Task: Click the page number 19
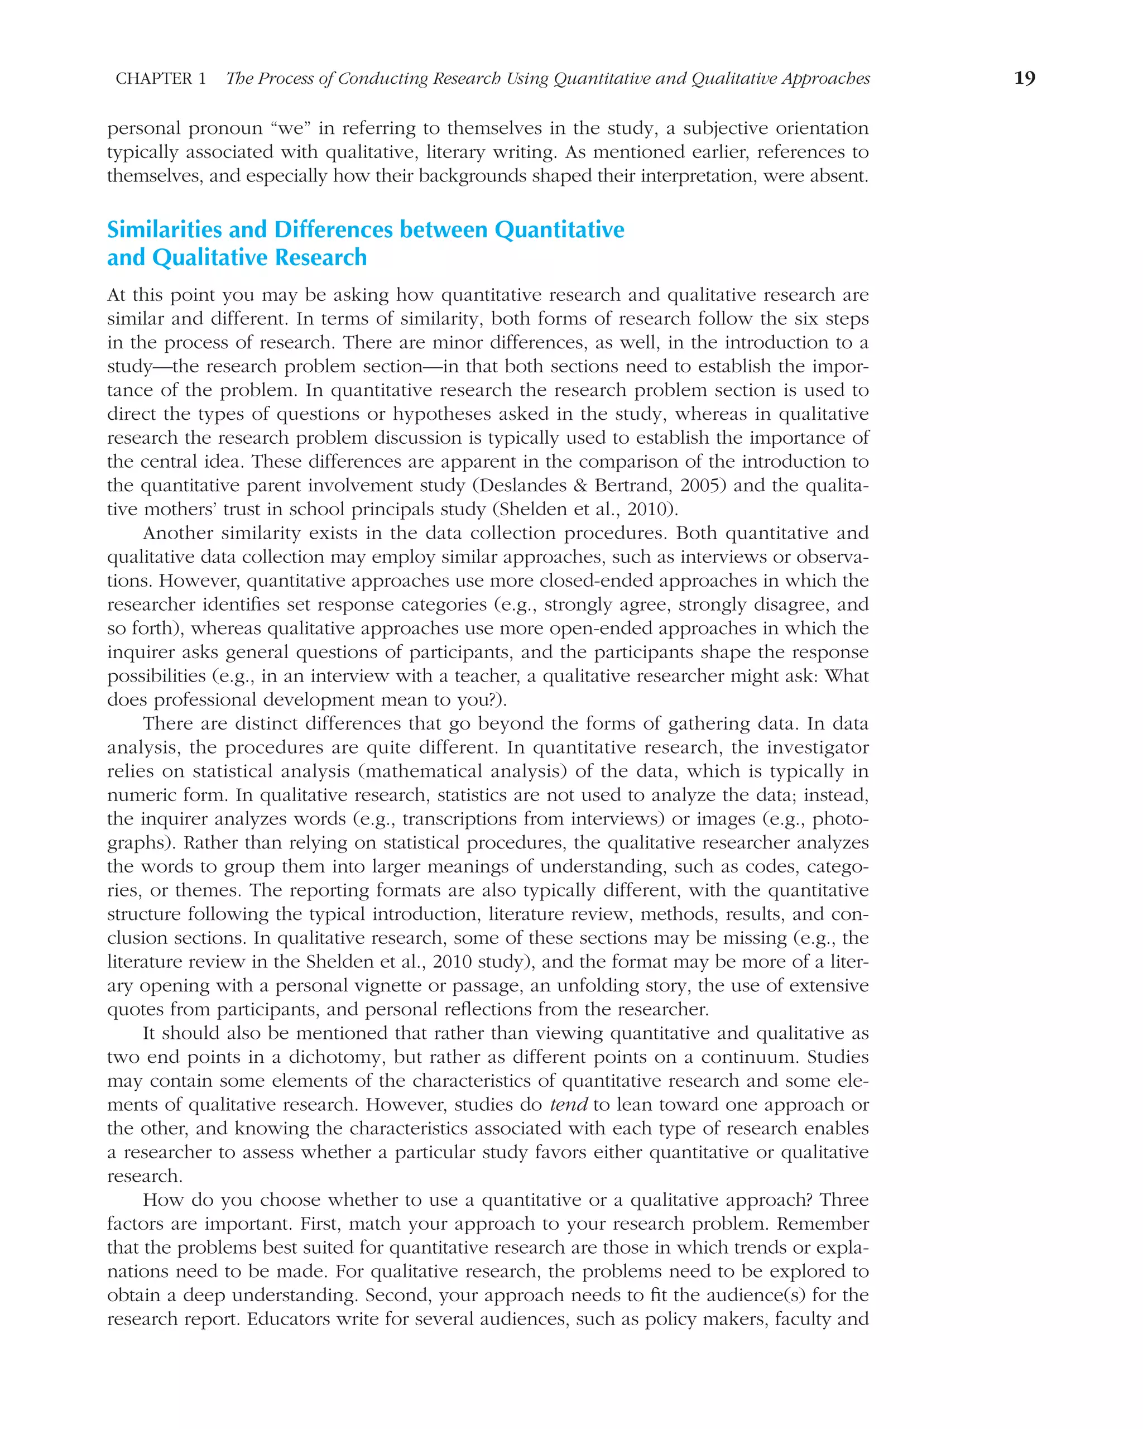click(x=1024, y=78)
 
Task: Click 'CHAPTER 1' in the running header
click(x=160, y=79)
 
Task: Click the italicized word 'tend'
click(x=569, y=1105)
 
